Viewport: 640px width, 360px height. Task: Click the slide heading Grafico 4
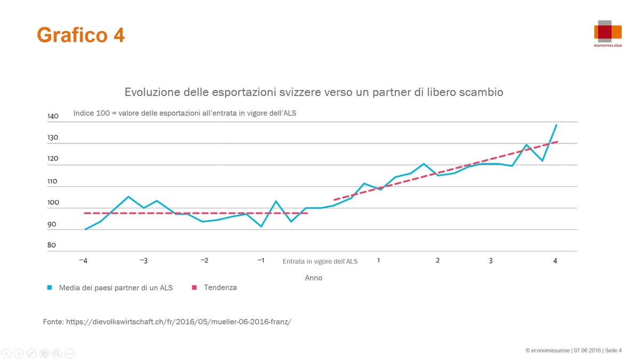click(81, 35)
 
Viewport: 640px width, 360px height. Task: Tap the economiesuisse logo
click(607, 33)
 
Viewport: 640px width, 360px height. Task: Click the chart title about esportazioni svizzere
click(314, 92)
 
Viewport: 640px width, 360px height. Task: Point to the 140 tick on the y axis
click(52, 116)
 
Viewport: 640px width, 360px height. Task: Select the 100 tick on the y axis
click(52, 203)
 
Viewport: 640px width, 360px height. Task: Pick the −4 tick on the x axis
click(83, 260)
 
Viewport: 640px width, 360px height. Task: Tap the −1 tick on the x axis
click(260, 260)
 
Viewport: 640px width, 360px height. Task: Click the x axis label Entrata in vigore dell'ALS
click(320, 261)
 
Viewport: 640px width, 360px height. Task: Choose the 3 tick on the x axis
click(491, 260)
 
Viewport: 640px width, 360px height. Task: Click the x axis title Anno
click(314, 278)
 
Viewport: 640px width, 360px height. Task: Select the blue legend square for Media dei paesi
click(49, 287)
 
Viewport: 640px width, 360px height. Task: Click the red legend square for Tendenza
click(194, 287)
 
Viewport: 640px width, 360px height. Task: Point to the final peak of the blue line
click(556, 125)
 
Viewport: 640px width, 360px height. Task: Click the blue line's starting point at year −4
click(85, 229)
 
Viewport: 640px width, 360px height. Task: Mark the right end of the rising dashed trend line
click(557, 142)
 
